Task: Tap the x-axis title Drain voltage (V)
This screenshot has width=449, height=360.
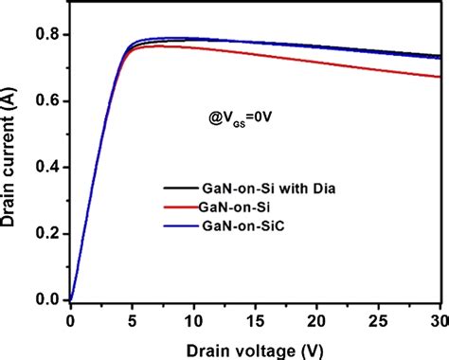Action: [254, 346]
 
